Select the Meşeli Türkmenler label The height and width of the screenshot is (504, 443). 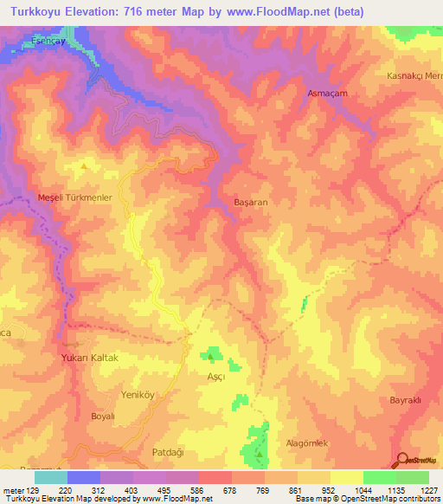(x=75, y=198)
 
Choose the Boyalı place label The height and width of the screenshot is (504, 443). (x=103, y=416)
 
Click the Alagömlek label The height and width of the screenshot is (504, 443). (x=307, y=443)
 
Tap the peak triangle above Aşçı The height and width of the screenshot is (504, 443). (x=209, y=355)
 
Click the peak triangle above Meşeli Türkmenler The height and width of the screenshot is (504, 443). (x=83, y=165)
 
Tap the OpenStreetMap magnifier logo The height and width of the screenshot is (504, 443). (x=402, y=459)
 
